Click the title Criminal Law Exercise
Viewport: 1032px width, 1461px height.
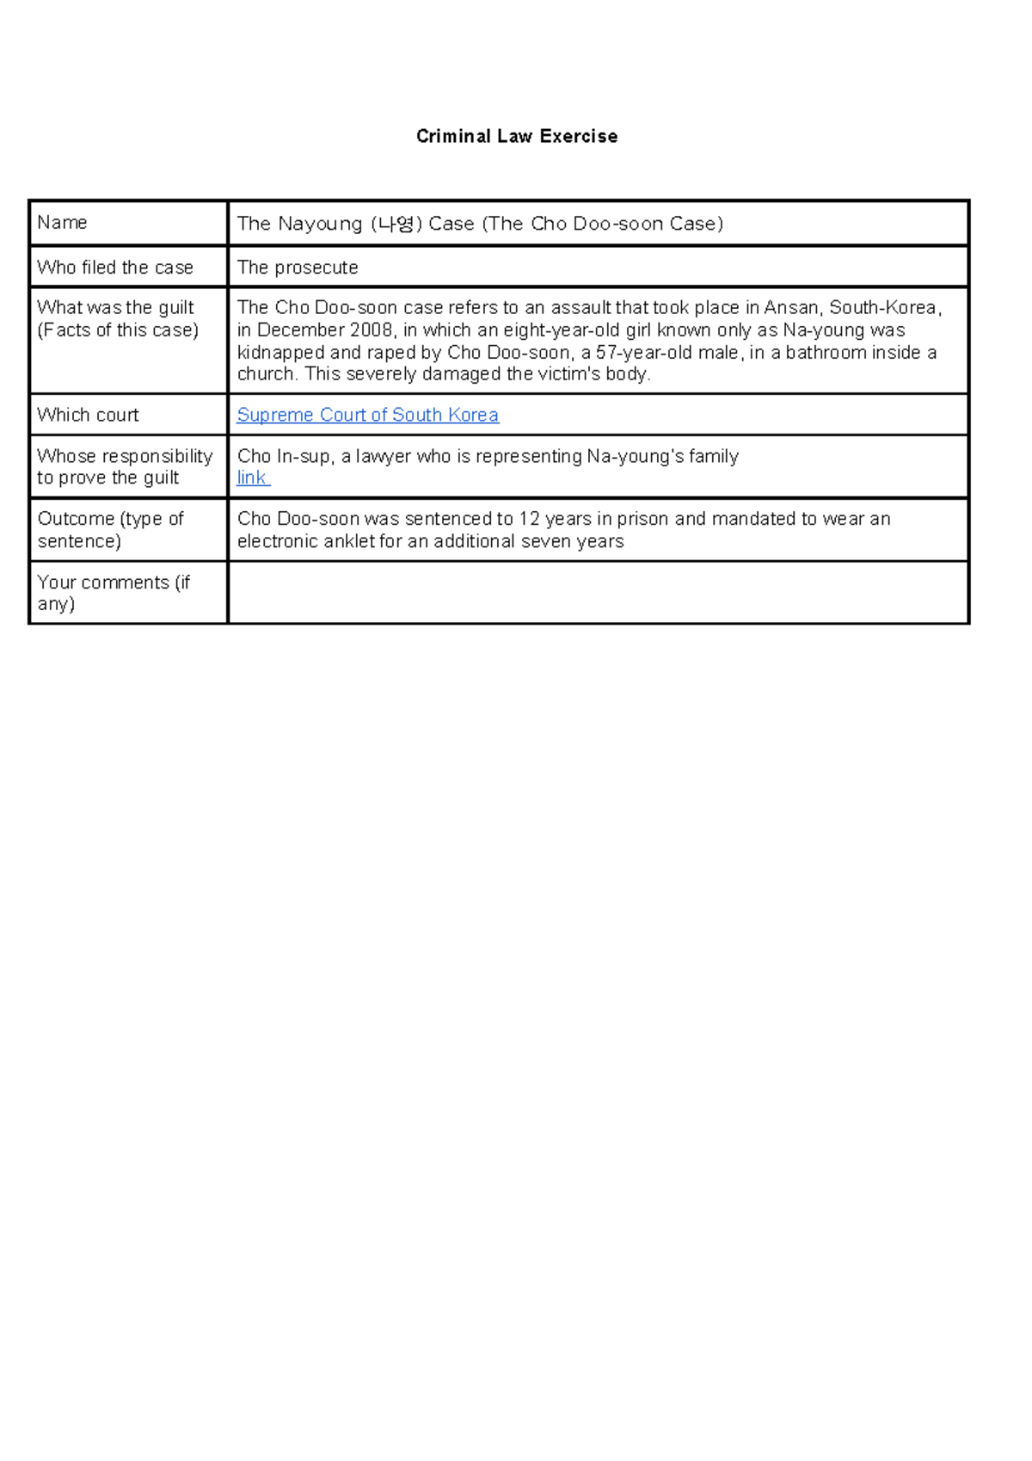[x=516, y=136]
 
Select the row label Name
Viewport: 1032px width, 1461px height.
[x=62, y=223]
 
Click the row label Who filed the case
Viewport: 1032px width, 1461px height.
[x=115, y=268]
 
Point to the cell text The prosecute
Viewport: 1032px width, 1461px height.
[x=298, y=268]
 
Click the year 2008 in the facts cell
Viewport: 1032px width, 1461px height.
[x=371, y=330]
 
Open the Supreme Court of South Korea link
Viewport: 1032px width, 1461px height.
[x=367, y=415]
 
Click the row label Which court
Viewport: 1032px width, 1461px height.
[x=88, y=415]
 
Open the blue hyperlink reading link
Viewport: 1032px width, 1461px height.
[x=251, y=478]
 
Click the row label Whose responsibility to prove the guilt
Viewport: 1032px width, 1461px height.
[x=124, y=466]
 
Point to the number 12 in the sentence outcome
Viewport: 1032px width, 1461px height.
[x=529, y=519]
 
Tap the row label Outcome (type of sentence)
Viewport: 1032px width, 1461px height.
[x=110, y=529]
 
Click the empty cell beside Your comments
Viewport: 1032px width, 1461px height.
[x=598, y=593]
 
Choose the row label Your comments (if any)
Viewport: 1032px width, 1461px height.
[x=112, y=593]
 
